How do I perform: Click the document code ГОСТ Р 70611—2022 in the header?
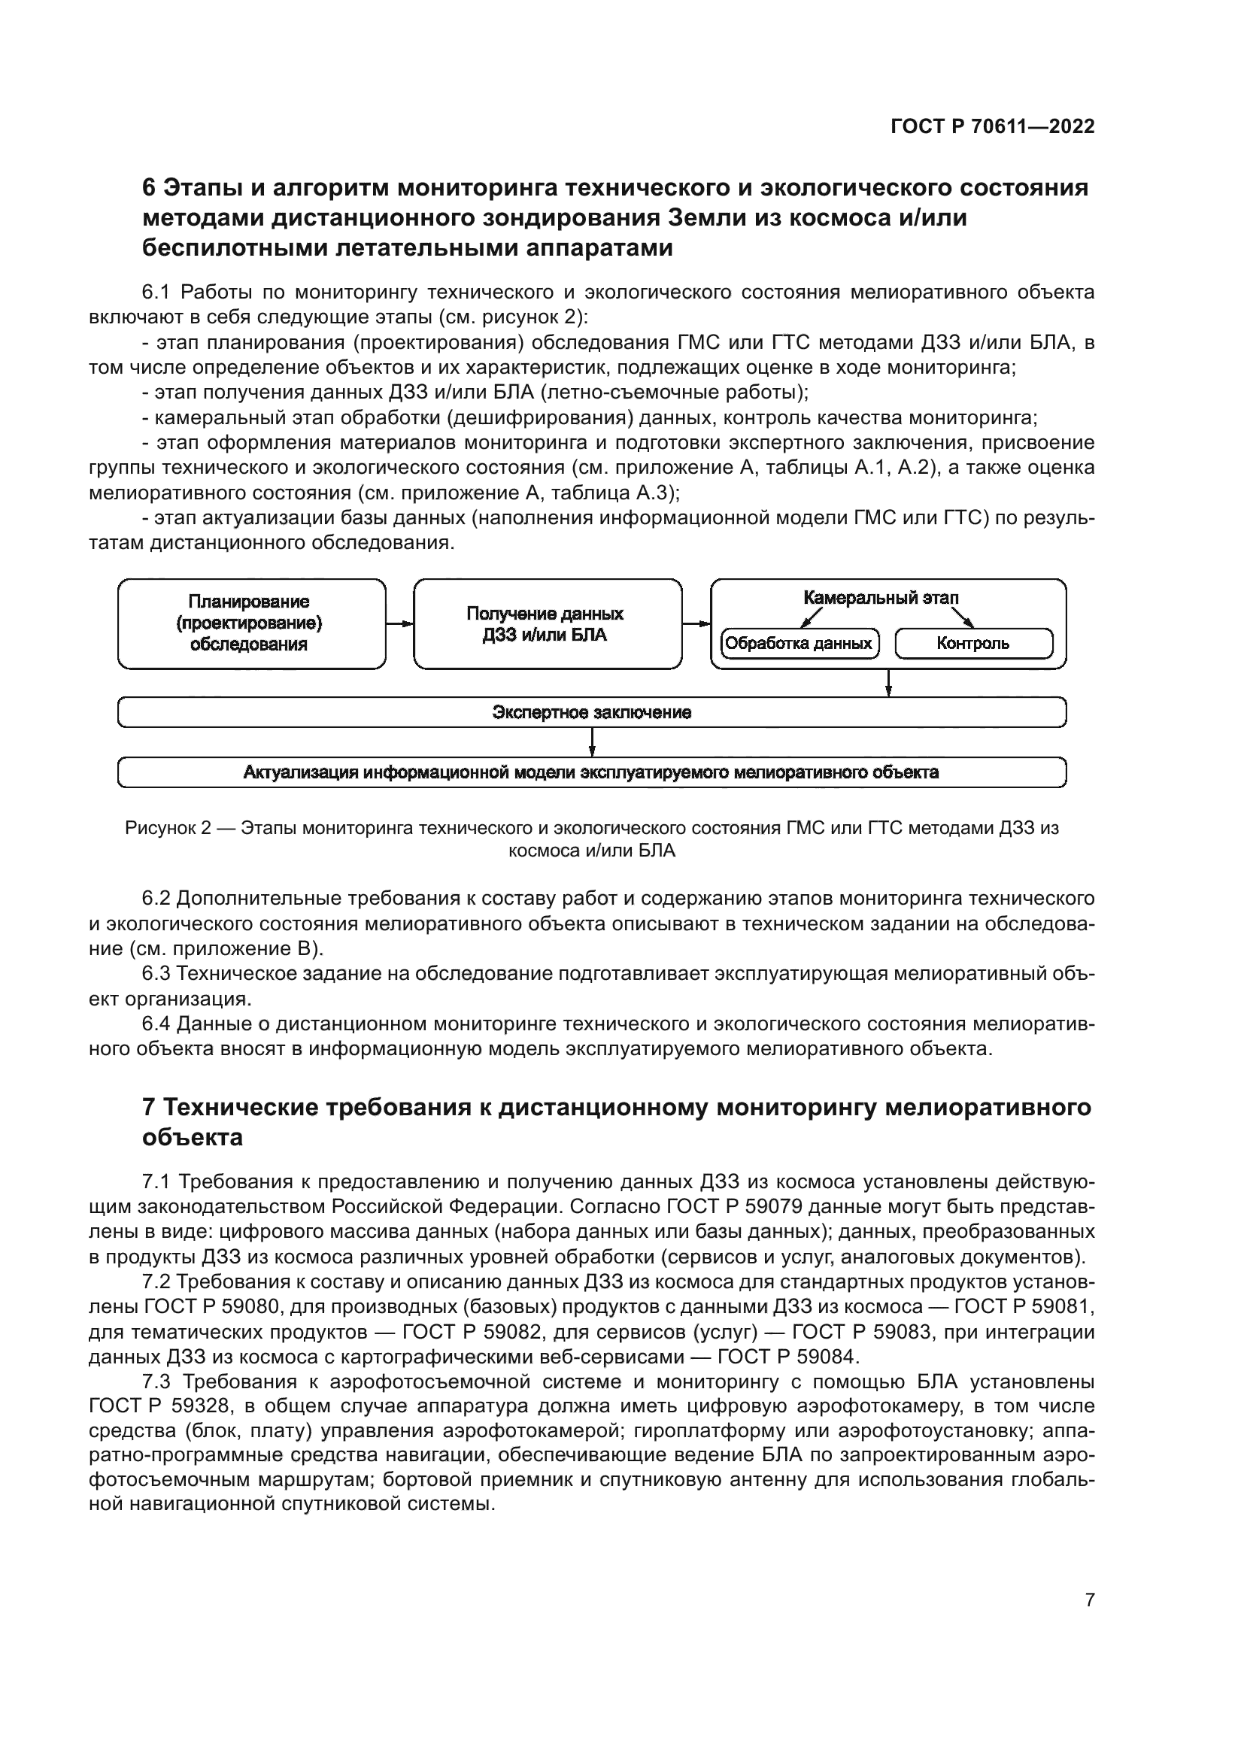(x=992, y=127)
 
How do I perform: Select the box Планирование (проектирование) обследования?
(x=251, y=623)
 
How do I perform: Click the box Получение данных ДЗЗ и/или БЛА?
(x=547, y=623)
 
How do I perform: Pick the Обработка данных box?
(x=799, y=644)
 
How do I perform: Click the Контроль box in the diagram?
(x=972, y=644)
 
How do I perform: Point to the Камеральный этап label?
(x=881, y=599)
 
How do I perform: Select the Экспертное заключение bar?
(x=591, y=712)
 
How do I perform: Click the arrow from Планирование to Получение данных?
(x=399, y=623)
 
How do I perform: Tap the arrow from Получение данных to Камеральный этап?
(x=696, y=623)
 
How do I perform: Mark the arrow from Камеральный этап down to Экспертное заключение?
(x=888, y=683)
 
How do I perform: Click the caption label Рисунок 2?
(x=168, y=828)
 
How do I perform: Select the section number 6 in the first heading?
(x=150, y=188)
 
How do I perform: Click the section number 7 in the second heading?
(x=150, y=1108)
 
